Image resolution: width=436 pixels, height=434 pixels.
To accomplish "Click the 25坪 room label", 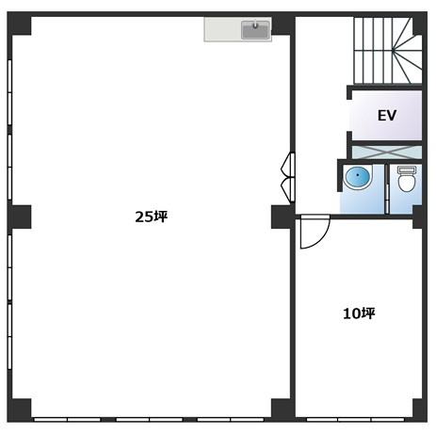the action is point(152,217).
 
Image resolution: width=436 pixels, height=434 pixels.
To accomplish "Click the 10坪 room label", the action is point(359,313).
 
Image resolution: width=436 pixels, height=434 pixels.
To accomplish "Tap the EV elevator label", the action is point(387,116).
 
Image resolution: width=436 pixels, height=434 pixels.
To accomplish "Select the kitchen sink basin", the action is point(255,30).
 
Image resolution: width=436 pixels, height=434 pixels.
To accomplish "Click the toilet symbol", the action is point(407,179).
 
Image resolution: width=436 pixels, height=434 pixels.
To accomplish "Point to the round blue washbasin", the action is point(357,177).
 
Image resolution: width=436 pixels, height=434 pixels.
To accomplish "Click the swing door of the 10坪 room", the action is point(315,232).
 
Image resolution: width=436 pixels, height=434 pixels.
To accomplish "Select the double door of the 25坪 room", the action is point(288,177).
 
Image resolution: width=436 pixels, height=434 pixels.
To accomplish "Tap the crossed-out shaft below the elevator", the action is point(387,153).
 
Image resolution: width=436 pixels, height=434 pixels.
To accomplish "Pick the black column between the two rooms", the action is point(282,217).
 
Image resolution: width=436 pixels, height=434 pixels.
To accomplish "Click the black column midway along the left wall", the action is point(20,217).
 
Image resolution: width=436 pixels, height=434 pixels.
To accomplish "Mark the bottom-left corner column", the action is point(20,410).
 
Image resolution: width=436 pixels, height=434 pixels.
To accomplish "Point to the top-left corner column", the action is point(20,24).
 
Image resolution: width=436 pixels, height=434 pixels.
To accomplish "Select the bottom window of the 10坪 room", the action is point(355,420).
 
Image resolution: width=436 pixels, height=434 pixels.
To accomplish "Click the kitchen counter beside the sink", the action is point(222,29).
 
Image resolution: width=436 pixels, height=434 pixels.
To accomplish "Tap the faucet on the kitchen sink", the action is point(255,25).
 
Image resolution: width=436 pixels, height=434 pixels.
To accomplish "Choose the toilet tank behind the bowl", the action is point(407,169).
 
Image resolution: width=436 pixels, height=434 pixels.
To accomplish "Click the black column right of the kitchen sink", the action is point(283,24).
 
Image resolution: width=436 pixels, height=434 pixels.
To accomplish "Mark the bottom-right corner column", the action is point(420,410).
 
